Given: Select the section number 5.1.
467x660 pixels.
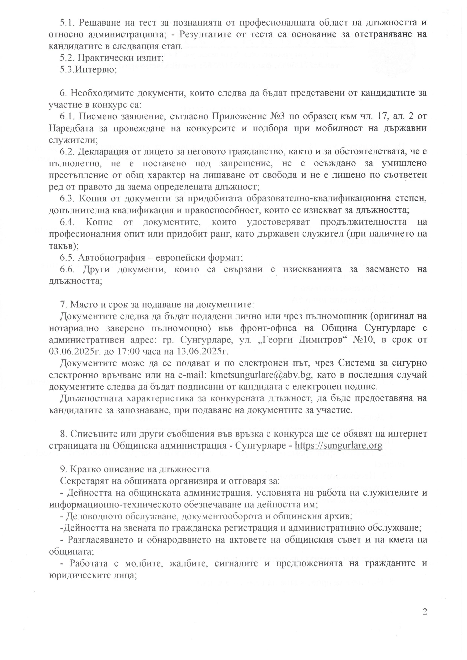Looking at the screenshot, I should [67, 22].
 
